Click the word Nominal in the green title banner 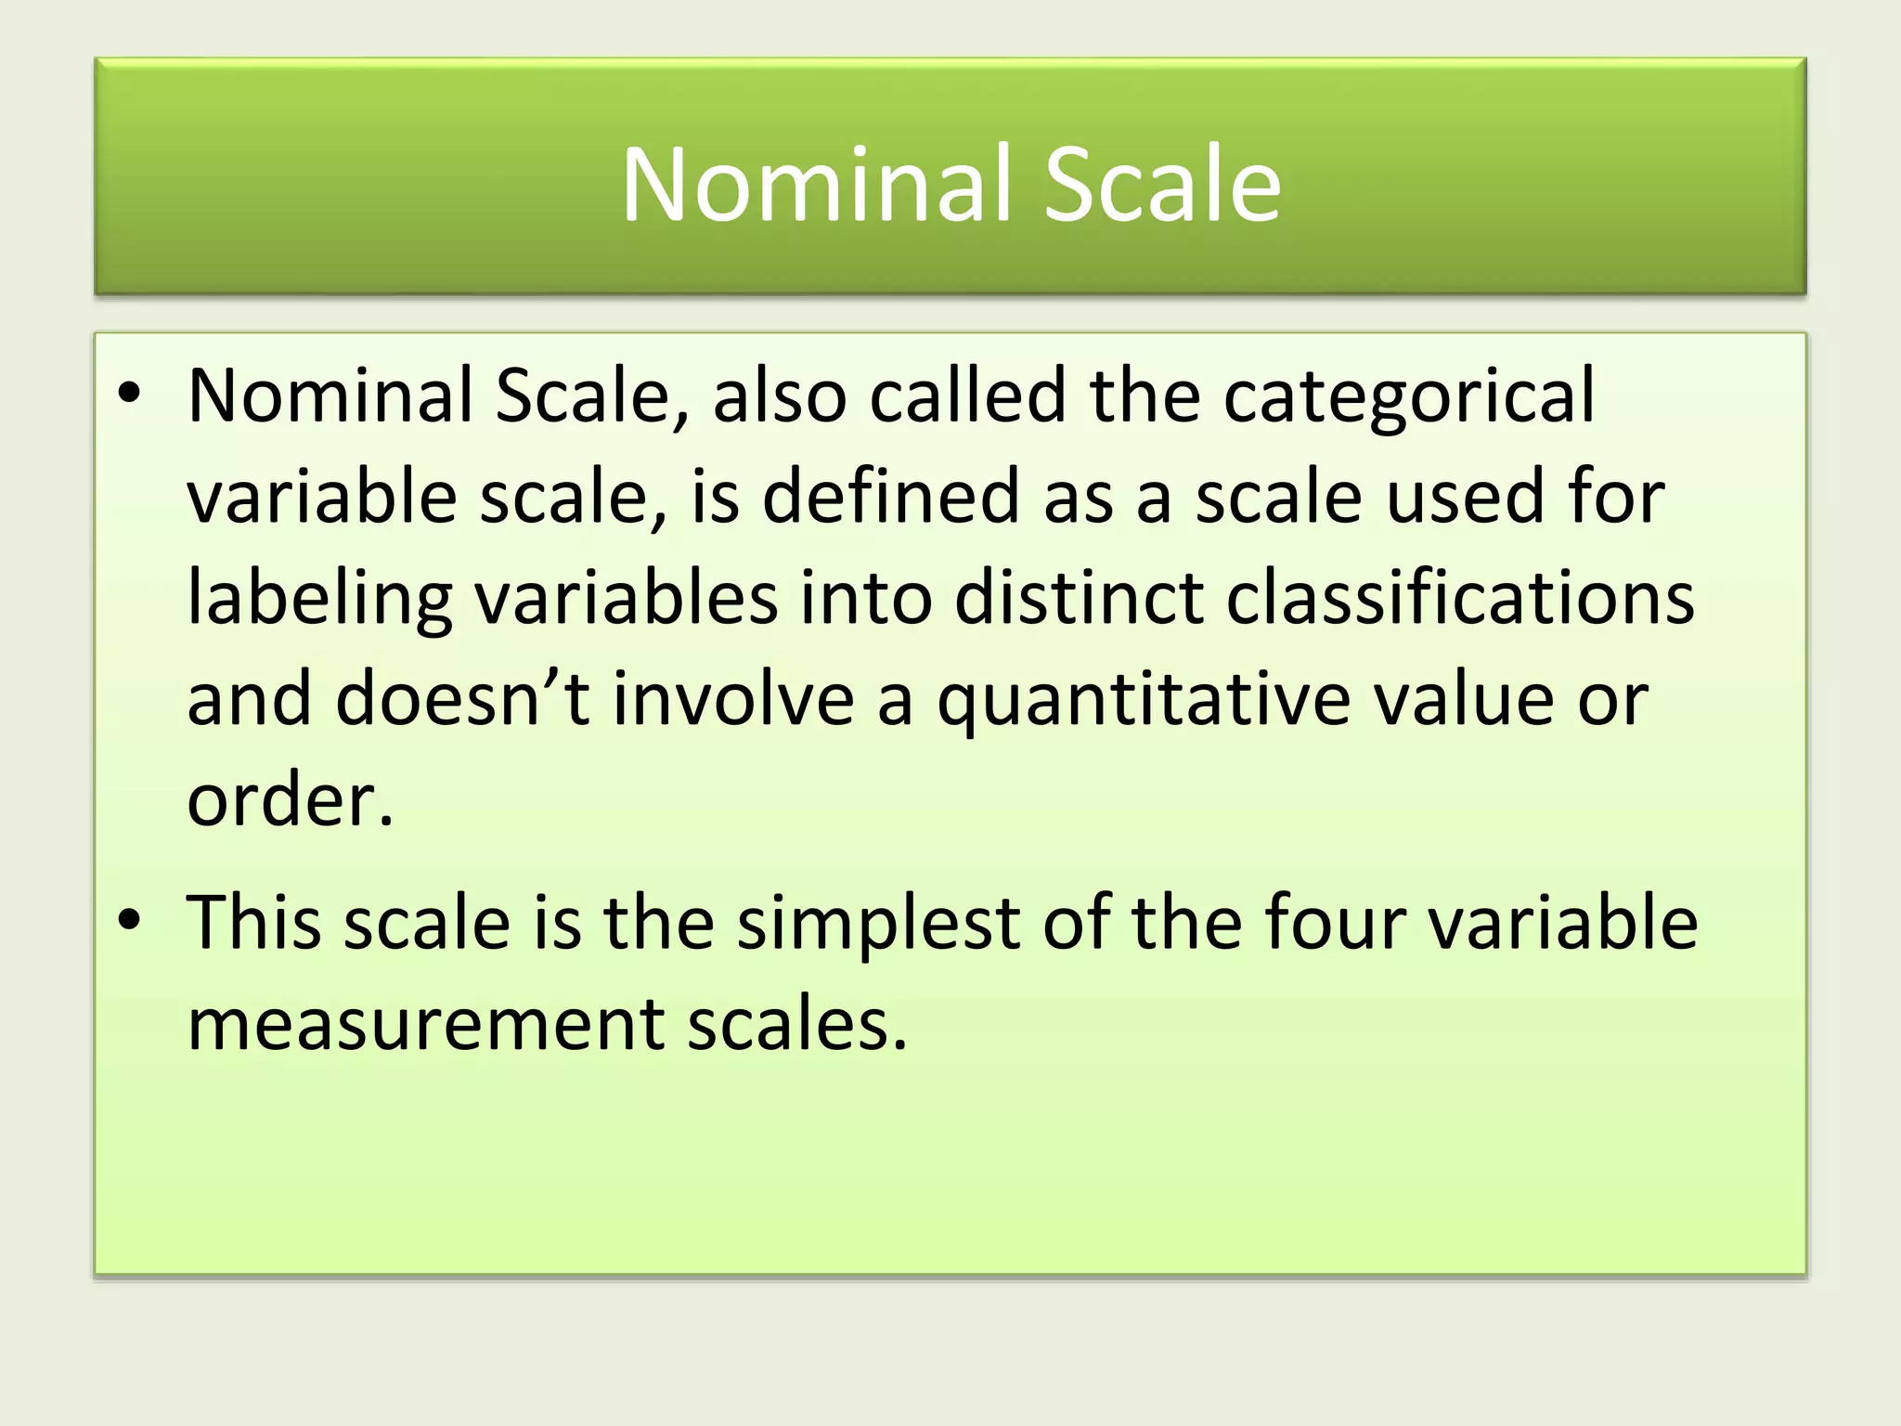(818, 185)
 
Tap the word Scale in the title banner (1162, 185)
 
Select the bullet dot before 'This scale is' (130, 920)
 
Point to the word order (290, 800)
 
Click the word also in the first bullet (780, 395)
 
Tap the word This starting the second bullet (254, 923)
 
